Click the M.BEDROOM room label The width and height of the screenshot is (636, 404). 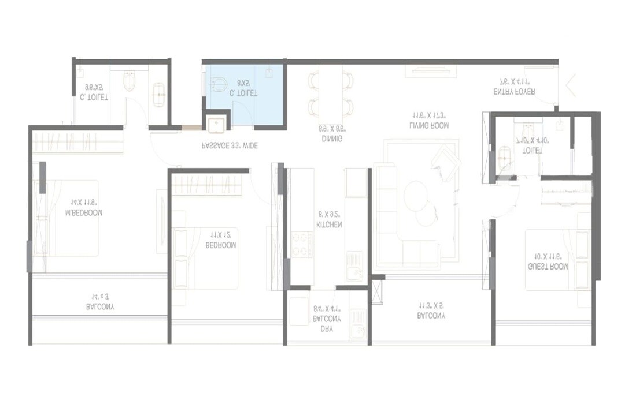pos(84,212)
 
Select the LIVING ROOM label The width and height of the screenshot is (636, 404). pos(430,125)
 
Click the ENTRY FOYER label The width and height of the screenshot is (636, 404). pos(514,91)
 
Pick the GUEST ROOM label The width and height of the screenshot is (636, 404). pos(548,267)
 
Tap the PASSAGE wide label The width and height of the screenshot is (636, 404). pos(229,146)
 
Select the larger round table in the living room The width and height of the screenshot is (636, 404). pos(416,195)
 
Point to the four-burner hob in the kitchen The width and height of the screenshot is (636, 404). pos(301,244)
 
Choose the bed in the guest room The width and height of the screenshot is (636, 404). pos(549,260)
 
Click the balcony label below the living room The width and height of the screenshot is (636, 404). pos(431,315)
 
